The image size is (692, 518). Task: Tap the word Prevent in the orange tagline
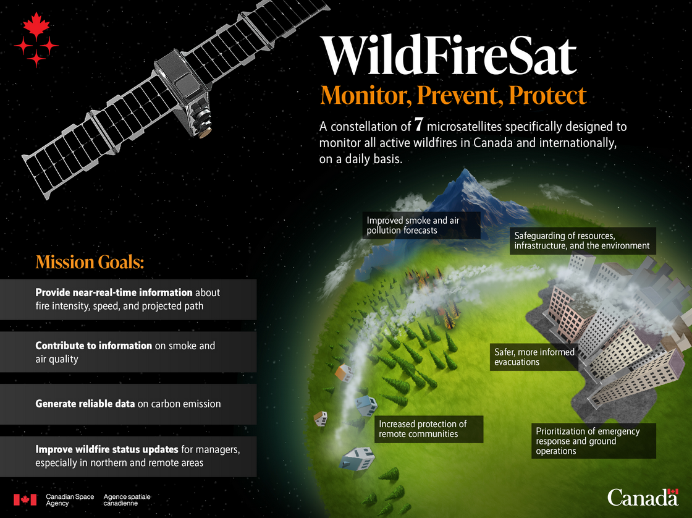(460, 95)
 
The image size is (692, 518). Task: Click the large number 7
(418, 125)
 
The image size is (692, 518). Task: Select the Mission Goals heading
(90, 262)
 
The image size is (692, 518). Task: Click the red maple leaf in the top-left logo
(36, 25)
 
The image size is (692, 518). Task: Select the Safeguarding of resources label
(583, 240)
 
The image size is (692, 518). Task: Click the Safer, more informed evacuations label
(534, 357)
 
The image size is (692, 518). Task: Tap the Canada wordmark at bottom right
(643, 497)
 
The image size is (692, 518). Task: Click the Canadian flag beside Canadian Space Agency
(25, 499)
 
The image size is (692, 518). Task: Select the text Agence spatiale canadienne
(127, 500)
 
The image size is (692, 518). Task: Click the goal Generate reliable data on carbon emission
(128, 404)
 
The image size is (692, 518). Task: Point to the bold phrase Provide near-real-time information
(114, 292)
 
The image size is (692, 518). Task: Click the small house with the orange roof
(344, 373)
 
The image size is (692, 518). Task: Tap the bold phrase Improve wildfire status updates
(107, 449)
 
